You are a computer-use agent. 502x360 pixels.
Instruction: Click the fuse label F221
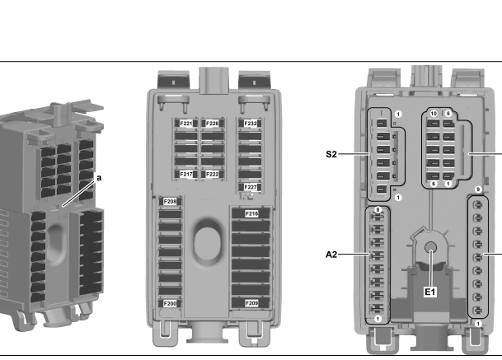(186, 124)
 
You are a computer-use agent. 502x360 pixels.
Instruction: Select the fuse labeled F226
(213, 124)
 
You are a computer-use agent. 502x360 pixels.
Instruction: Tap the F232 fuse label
(251, 124)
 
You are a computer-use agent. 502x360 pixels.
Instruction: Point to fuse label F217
(186, 174)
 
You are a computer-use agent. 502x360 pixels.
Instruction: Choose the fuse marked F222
(213, 174)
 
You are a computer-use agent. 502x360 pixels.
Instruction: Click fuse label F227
(251, 187)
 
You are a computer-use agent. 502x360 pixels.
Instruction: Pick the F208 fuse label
(170, 202)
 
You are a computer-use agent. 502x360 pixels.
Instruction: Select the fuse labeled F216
(251, 213)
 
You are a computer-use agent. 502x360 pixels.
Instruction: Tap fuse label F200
(170, 303)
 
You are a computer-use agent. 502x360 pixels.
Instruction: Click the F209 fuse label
(251, 303)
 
